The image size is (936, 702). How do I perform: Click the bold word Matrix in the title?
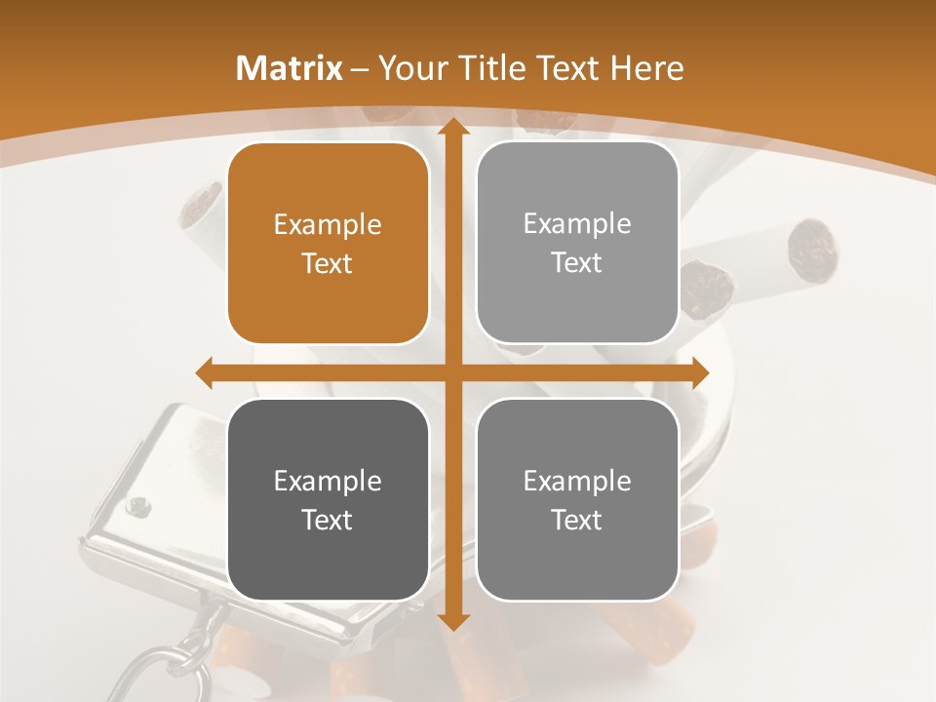click(x=290, y=68)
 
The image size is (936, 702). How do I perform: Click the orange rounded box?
click(x=328, y=244)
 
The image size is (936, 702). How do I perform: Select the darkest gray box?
click(x=328, y=499)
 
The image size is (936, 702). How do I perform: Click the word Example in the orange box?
click(x=328, y=225)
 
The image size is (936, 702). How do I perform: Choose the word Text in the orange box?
click(x=328, y=264)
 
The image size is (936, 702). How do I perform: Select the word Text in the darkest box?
click(x=328, y=520)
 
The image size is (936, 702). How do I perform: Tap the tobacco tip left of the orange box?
click(x=202, y=205)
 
